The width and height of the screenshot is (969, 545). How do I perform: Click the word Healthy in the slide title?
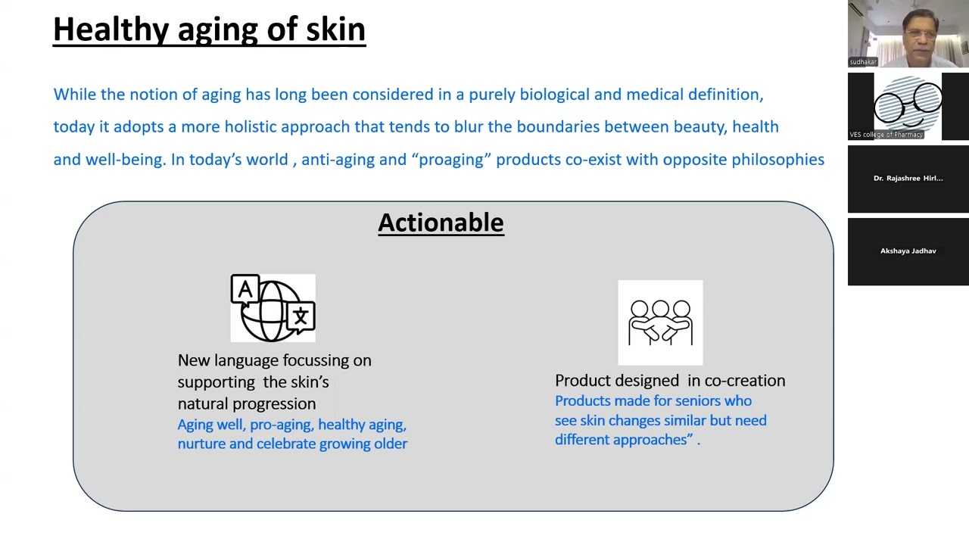coord(111,30)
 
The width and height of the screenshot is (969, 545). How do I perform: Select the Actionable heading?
coord(441,223)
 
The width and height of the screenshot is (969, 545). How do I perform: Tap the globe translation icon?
coord(273,308)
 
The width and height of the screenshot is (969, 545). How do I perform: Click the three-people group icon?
coord(660,322)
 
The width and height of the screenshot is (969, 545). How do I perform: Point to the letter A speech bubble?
coord(245,289)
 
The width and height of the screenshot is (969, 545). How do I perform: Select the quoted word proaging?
coord(451,160)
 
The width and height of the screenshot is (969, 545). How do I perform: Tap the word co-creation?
coord(745,381)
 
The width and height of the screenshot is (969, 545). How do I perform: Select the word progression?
coord(274,404)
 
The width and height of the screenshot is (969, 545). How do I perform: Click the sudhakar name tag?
coord(863,62)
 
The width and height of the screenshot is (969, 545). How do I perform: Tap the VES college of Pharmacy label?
coord(886,135)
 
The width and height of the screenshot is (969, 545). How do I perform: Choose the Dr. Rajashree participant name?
coord(908,178)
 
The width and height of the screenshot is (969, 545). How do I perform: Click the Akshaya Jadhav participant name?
coord(908,251)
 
